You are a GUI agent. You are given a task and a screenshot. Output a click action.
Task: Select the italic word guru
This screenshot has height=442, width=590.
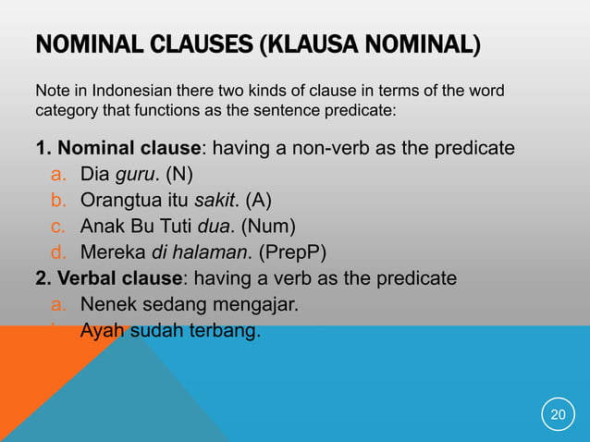click(x=135, y=175)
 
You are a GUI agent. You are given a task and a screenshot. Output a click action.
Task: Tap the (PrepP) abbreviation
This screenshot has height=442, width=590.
click(x=296, y=252)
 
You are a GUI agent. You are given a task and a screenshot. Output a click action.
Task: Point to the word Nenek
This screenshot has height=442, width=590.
click(x=107, y=304)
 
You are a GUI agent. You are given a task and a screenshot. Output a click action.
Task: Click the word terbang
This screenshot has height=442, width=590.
click(x=227, y=330)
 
